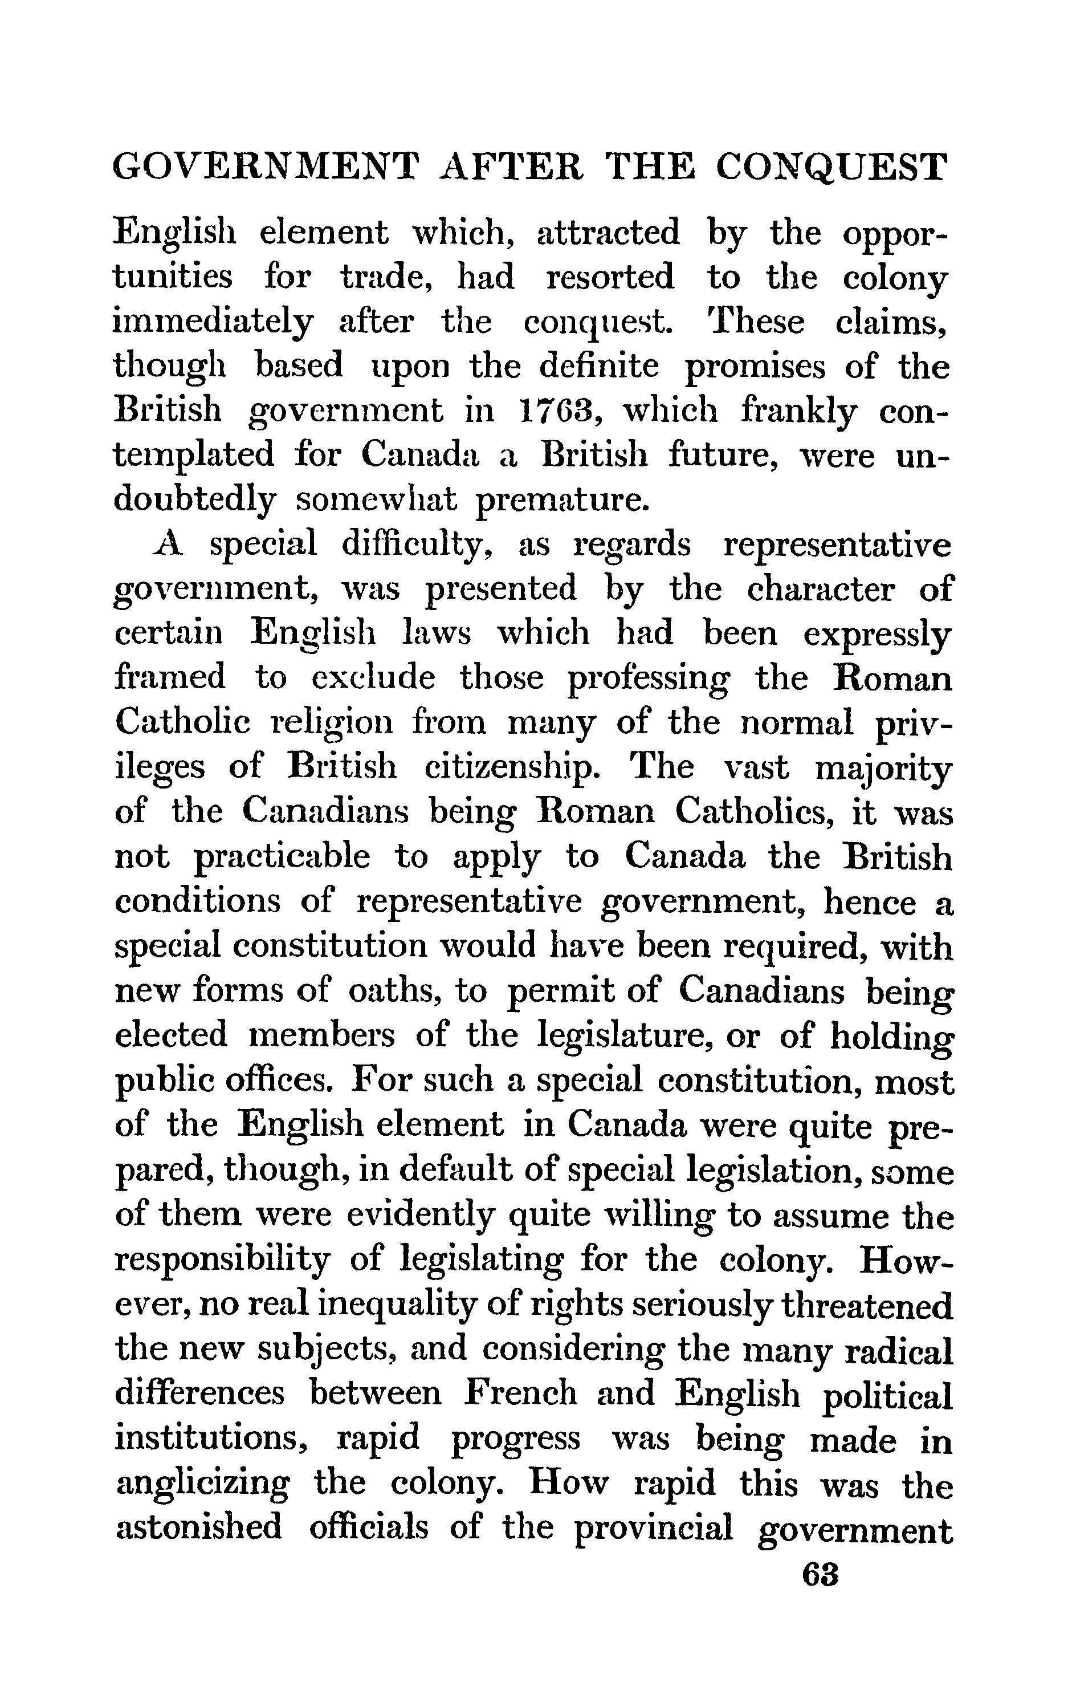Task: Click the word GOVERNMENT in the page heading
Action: (266, 167)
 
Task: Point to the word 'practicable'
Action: (282, 858)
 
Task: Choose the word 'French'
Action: (521, 1393)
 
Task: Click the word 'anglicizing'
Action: (202, 1484)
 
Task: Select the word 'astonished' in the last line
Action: (198, 1527)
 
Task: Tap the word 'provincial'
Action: (653, 1528)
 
